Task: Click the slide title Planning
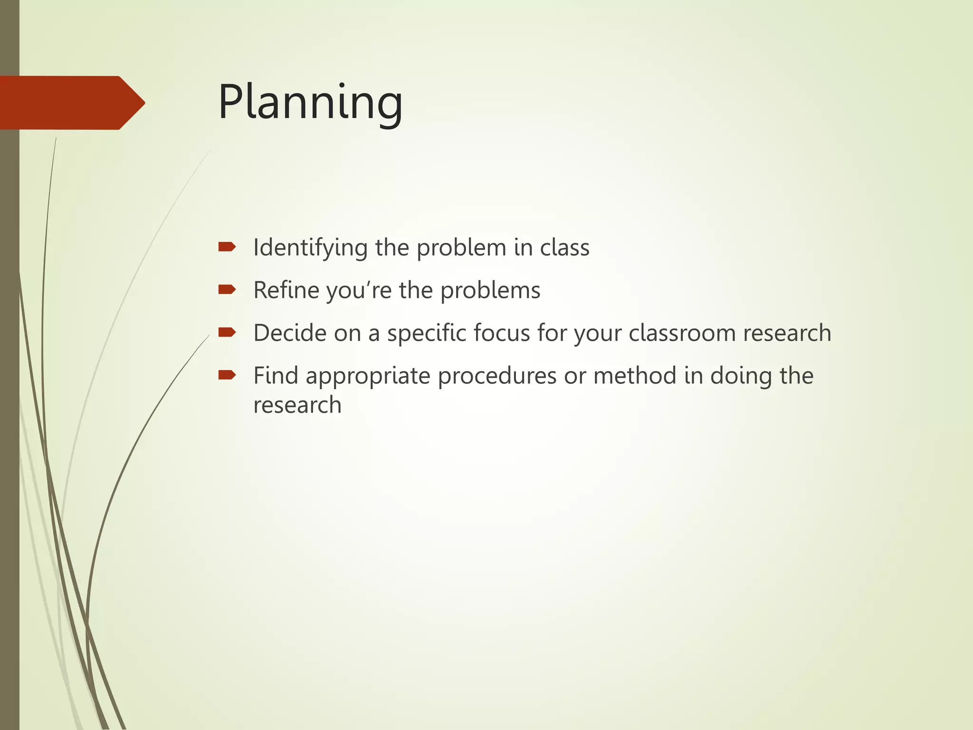click(x=310, y=103)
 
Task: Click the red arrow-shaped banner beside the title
click(x=71, y=103)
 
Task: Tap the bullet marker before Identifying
click(x=227, y=247)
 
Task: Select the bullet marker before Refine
click(x=227, y=289)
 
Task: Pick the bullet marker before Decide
click(x=227, y=332)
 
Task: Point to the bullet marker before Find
click(x=227, y=375)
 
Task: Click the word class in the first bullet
click(x=564, y=248)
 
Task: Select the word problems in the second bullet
click(x=490, y=291)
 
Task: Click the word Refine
click(x=286, y=290)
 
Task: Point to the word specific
click(x=426, y=334)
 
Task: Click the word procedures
click(x=497, y=376)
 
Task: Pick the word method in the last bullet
click(x=635, y=375)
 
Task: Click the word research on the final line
click(x=297, y=405)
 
